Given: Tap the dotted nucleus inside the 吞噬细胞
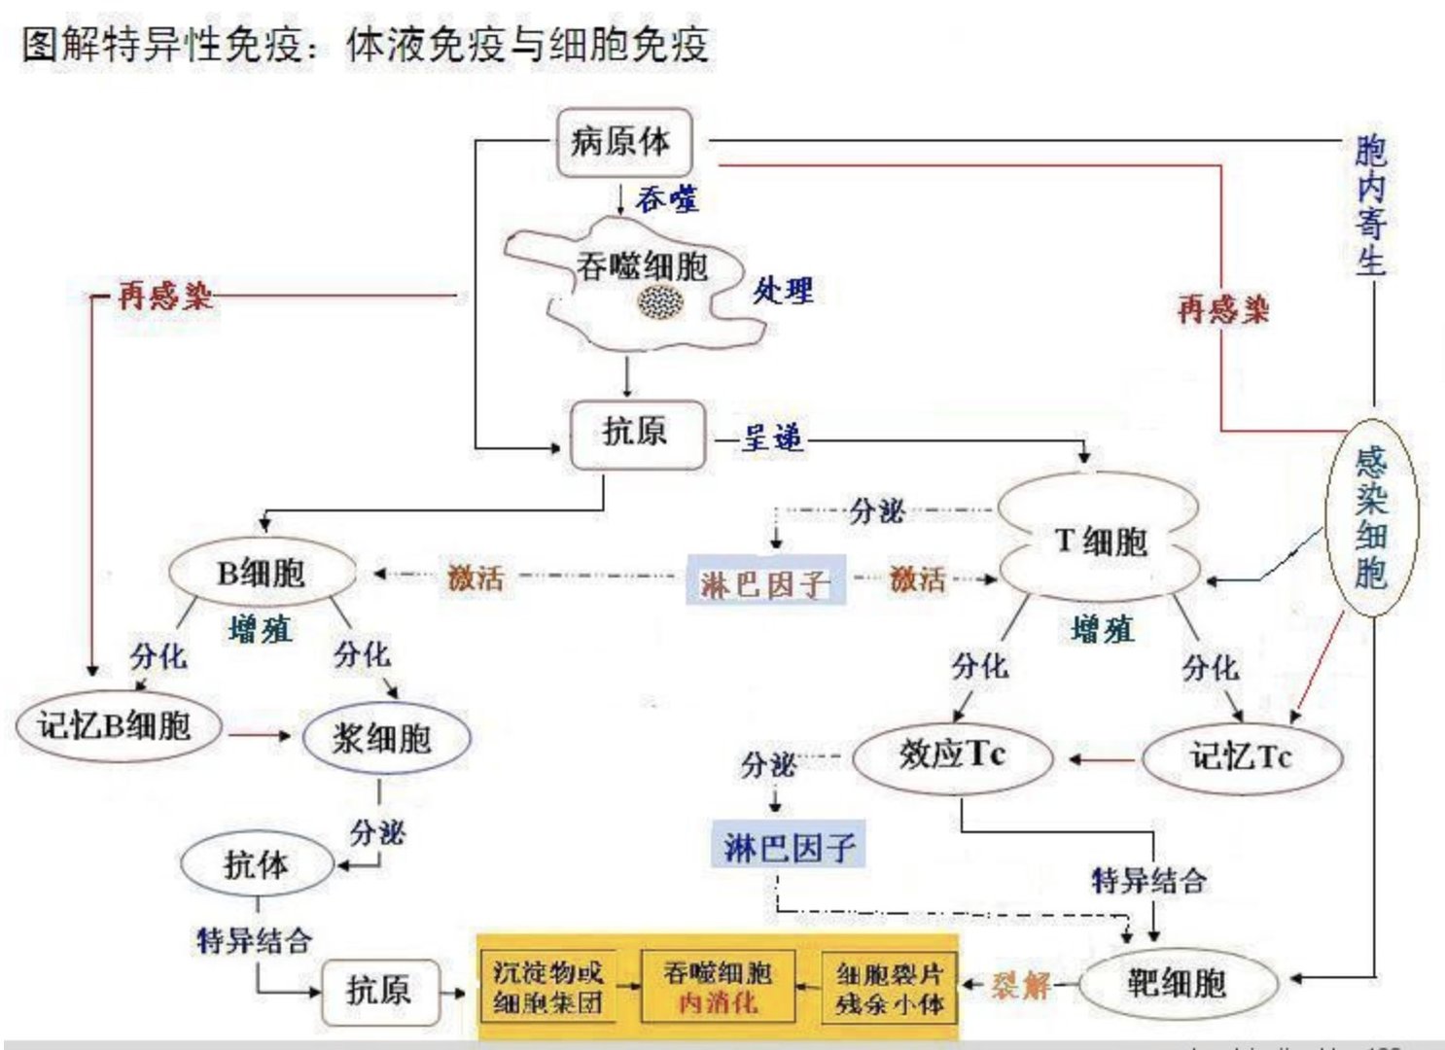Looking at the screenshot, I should (660, 300).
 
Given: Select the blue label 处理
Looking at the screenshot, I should (782, 290).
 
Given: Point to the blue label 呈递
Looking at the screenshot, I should (773, 438).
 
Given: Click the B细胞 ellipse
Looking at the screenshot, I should (261, 573).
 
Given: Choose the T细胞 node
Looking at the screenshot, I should (1100, 542).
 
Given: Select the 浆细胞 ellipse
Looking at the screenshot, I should (385, 739).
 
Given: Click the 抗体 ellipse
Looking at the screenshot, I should (257, 863).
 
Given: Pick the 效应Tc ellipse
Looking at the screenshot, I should (952, 755).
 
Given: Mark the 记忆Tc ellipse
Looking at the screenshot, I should (1241, 756).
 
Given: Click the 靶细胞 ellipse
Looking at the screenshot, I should (1176, 984).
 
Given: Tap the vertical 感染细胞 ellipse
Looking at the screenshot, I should (1371, 517).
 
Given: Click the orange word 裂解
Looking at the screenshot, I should (1021, 985).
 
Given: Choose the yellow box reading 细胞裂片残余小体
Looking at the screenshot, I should (889, 988).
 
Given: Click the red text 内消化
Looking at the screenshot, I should (718, 1001).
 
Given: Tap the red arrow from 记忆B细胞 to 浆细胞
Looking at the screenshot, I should (260, 736).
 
